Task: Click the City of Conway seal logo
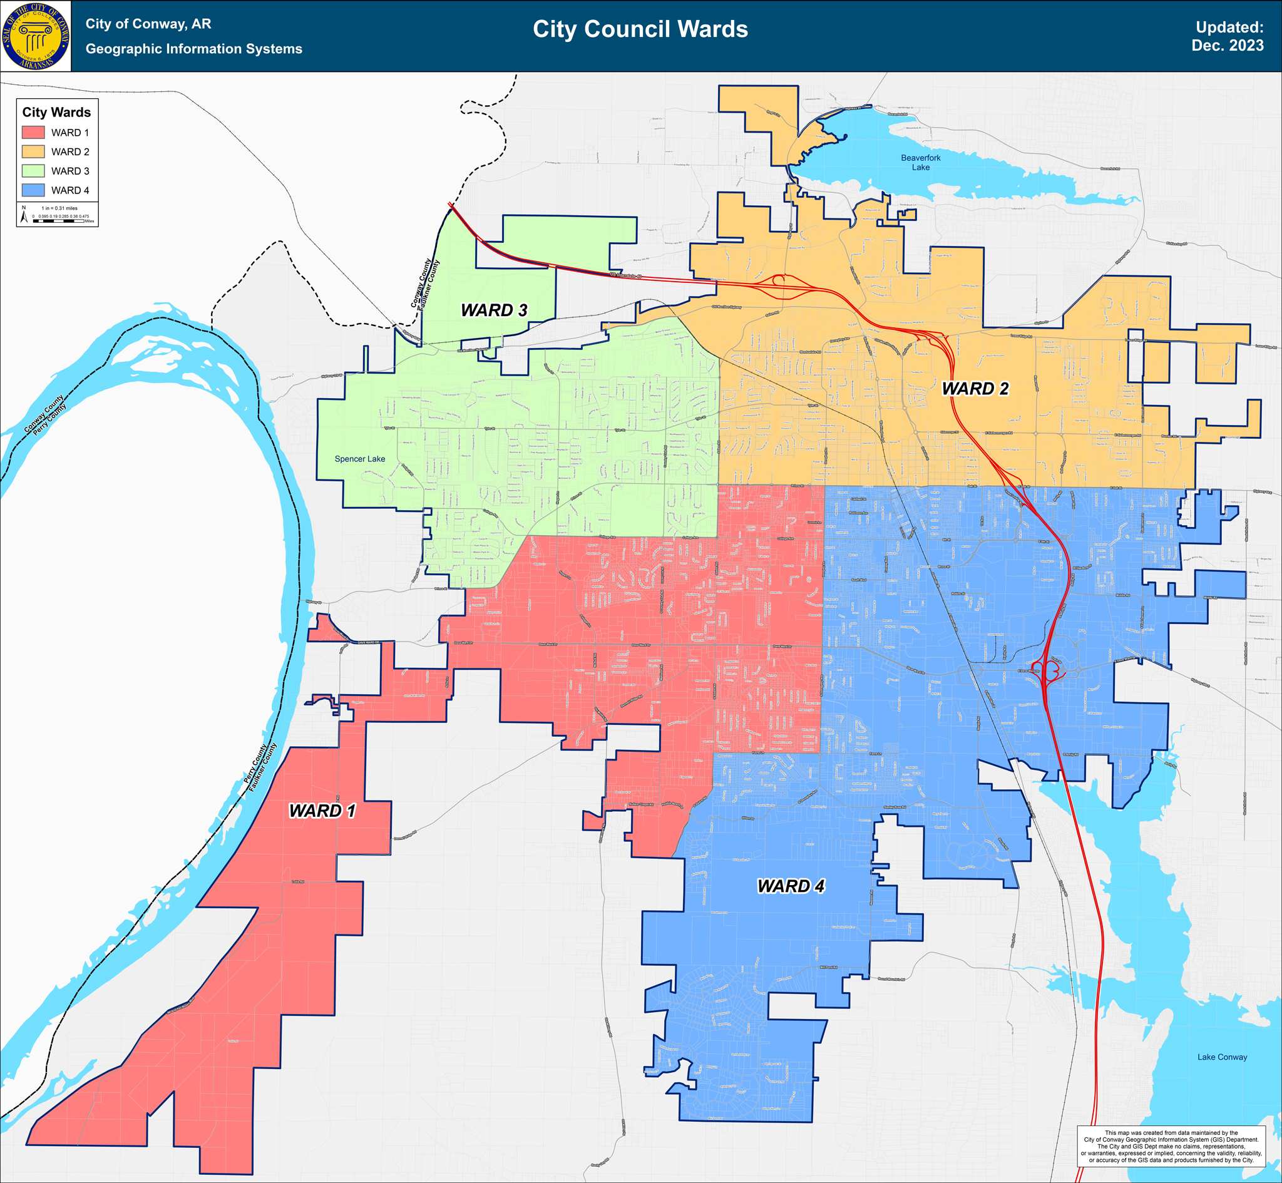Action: pyautogui.click(x=35, y=36)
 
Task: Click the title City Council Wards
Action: pyautogui.click(x=640, y=29)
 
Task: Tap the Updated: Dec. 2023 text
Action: pyautogui.click(x=1227, y=36)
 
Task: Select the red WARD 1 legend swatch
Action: pyautogui.click(x=33, y=133)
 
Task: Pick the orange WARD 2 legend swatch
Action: pyautogui.click(x=33, y=151)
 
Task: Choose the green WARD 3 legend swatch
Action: pyautogui.click(x=33, y=171)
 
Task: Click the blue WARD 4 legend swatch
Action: pyautogui.click(x=33, y=190)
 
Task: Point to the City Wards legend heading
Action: pyautogui.click(x=56, y=113)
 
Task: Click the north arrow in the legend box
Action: pyautogui.click(x=24, y=215)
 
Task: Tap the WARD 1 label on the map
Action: pyautogui.click(x=322, y=811)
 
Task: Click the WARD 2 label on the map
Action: pyautogui.click(x=975, y=389)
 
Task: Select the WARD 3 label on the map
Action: pyautogui.click(x=494, y=310)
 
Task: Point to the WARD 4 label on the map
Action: pyautogui.click(x=791, y=886)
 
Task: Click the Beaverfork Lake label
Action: pyautogui.click(x=920, y=163)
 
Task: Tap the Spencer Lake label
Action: pyautogui.click(x=360, y=459)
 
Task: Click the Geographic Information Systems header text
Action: pyautogui.click(x=193, y=49)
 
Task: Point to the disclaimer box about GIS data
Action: pyautogui.click(x=1171, y=1147)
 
